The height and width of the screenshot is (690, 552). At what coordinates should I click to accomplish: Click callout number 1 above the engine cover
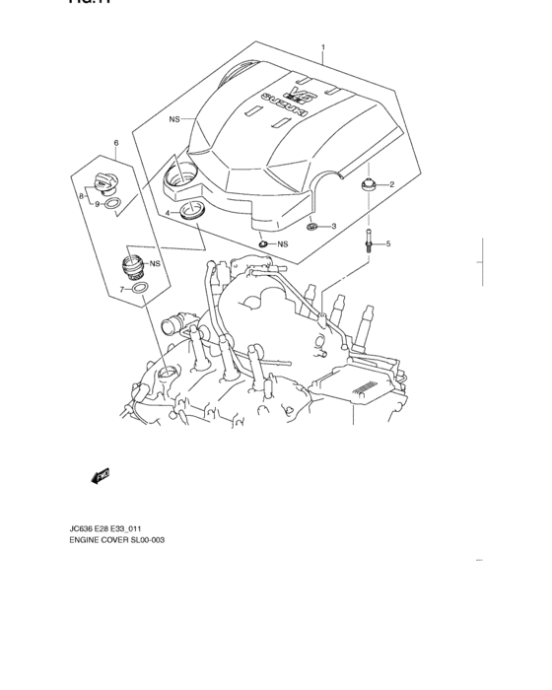coord(321,46)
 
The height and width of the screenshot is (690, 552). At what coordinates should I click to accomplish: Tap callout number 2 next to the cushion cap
coord(390,184)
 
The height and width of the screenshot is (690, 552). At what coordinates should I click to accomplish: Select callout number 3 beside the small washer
coord(333,227)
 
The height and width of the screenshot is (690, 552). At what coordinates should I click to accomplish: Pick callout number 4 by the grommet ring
coord(168,213)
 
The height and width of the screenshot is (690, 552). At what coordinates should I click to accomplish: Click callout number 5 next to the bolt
coord(387,242)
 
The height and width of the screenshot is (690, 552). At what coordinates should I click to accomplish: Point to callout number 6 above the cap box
coord(115,144)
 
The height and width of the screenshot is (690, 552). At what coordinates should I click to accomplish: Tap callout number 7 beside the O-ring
coord(122,289)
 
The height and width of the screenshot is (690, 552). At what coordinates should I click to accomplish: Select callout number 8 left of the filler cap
coord(81,196)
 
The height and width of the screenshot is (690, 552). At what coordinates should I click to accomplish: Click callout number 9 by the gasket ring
coord(98,204)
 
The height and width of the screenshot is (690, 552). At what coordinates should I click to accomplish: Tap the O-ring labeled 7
coord(140,288)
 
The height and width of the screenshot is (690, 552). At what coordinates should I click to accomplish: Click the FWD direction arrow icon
coord(101,477)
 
